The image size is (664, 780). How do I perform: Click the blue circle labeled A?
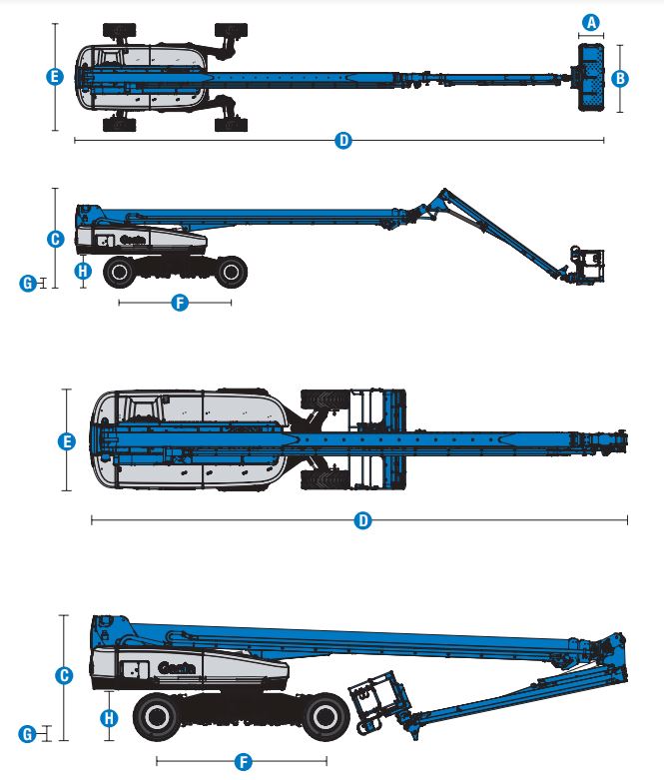(591, 22)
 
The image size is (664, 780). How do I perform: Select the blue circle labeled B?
(620, 77)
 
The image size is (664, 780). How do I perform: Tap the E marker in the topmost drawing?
(55, 77)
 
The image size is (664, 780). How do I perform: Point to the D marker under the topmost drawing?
(343, 141)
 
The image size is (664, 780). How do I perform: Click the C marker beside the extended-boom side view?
(55, 239)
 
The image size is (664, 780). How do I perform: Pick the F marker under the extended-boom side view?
(180, 302)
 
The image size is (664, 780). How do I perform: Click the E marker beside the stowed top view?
(67, 440)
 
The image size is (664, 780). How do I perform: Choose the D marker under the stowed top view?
(363, 520)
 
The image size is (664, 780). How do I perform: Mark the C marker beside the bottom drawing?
(63, 676)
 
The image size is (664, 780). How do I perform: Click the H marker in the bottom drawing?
(110, 717)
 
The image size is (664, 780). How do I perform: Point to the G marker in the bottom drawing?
(29, 734)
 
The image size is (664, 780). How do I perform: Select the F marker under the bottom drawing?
(243, 762)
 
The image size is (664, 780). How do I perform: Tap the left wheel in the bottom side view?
(159, 714)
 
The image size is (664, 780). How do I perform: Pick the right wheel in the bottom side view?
(326, 715)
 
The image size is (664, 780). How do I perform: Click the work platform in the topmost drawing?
(590, 77)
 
